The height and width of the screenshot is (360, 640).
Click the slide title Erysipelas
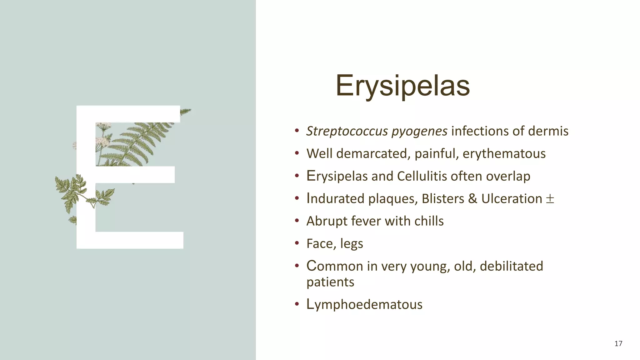click(402, 85)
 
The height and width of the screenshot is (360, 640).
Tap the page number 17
click(618, 344)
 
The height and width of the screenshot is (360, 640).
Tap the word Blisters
click(443, 199)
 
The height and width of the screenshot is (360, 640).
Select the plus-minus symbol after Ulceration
click(550, 199)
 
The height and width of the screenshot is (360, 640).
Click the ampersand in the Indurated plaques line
click(472, 199)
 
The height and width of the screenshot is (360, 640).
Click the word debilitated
click(511, 266)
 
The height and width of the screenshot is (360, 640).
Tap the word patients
click(330, 282)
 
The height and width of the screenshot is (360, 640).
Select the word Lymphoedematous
click(364, 305)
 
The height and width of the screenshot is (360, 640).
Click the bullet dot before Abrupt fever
click(297, 221)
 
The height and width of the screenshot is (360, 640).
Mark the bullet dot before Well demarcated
click(297, 153)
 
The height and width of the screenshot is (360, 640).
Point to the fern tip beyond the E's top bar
click(186, 111)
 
